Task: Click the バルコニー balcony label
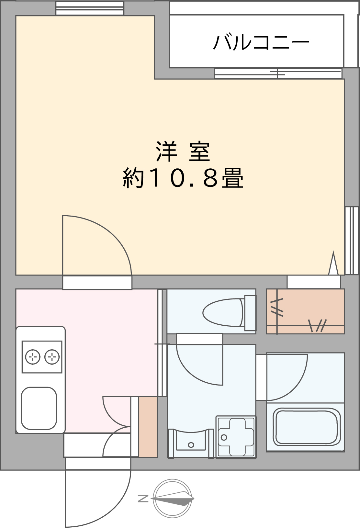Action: tap(261, 42)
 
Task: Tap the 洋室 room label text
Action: tap(183, 151)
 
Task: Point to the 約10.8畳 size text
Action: tap(183, 178)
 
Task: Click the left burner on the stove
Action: tap(32, 357)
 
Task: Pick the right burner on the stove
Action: tap(52, 357)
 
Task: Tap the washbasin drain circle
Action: tap(191, 445)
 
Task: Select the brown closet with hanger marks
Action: tap(306, 311)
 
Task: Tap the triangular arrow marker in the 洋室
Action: tap(333, 263)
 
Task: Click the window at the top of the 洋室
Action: tap(90, 9)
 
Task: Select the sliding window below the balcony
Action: tap(278, 74)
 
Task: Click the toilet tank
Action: tap(250, 313)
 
